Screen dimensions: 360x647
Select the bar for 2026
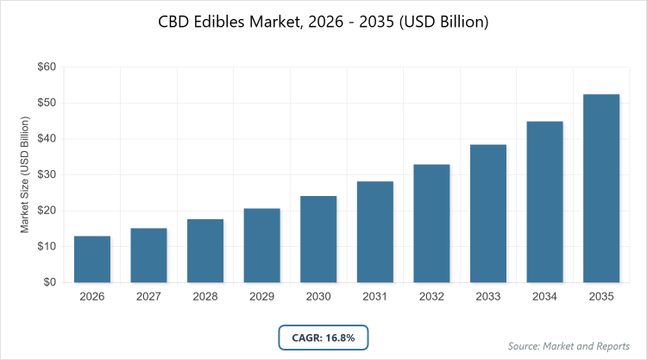tap(92, 259)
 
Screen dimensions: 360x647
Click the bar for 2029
tap(261, 245)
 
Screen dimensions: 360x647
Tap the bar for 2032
tap(431, 224)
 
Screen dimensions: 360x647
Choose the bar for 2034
tap(544, 202)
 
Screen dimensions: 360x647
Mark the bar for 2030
tap(318, 239)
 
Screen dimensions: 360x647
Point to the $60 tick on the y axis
tap(47, 66)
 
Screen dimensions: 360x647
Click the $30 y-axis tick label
tap(47, 174)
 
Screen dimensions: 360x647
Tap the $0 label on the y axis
tap(50, 282)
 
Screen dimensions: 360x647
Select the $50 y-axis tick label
tap(47, 103)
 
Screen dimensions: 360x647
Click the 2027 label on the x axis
tap(148, 296)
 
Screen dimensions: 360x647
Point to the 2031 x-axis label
tap(375, 296)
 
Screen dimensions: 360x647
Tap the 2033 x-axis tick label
tap(488, 296)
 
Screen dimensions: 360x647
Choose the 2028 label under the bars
tap(205, 296)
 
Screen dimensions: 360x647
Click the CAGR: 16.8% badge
tap(323, 336)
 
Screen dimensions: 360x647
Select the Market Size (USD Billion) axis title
tap(25, 174)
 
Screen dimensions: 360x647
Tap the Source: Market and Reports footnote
tap(568, 346)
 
